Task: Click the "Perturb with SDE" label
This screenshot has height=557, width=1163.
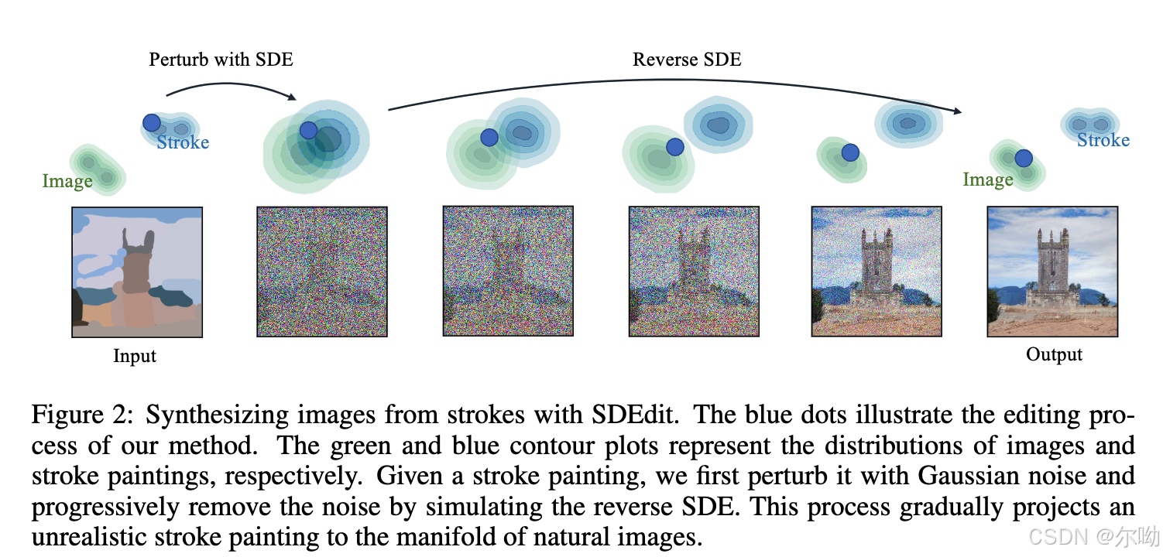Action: click(x=221, y=60)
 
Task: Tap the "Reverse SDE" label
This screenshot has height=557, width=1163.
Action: click(x=687, y=60)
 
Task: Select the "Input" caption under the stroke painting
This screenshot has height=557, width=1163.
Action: click(x=135, y=357)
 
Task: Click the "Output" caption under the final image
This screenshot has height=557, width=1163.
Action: click(x=1054, y=355)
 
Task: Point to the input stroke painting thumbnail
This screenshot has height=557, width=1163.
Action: click(x=137, y=272)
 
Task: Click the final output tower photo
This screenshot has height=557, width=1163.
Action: click(x=1052, y=272)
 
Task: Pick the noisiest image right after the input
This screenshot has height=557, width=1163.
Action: click(x=322, y=272)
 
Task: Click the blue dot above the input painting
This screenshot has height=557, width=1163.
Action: click(x=152, y=122)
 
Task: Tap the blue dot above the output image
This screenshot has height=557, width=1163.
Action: click(x=1024, y=159)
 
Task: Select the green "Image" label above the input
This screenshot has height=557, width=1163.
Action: click(x=67, y=182)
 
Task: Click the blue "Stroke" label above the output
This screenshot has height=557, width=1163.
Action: click(x=1103, y=140)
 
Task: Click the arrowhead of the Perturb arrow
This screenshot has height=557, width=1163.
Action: click(x=292, y=97)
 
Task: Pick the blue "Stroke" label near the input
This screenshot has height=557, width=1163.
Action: click(x=183, y=142)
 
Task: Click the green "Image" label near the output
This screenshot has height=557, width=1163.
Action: click(x=988, y=180)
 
